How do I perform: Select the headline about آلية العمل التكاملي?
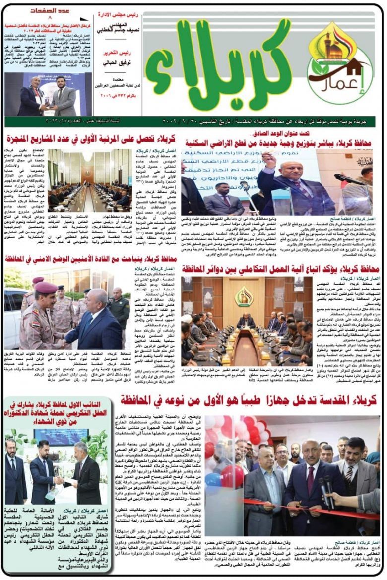(x=280, y=268)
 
